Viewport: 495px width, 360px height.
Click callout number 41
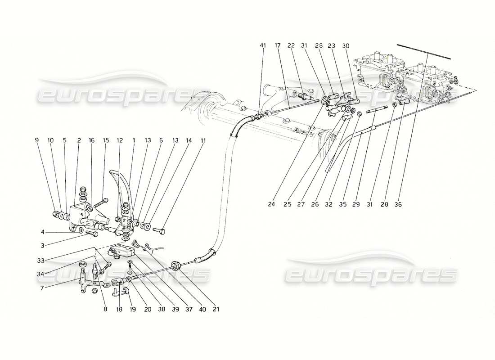[x=263, y=45]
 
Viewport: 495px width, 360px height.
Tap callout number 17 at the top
[x=278, y=45]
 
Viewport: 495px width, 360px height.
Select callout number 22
[x=291, y=45]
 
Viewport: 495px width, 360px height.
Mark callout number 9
[x=37, y=140]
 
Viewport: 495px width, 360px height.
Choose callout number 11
[x=203, y=140]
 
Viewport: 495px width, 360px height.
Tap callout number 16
[x=92, y=140]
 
